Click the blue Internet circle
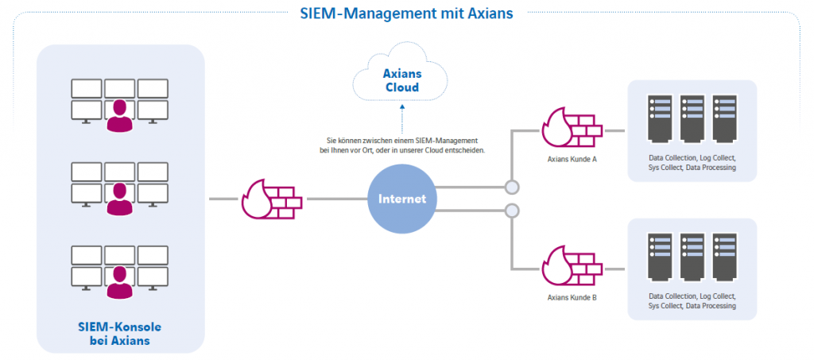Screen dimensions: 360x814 [401, 199]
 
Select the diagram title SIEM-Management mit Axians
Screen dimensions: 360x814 [406, 14]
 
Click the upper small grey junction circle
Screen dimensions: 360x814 [512, 188]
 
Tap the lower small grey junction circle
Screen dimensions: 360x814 [512, 211]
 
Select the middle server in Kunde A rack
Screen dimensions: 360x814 [692, 119]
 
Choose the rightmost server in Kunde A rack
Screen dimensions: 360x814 [723, 119]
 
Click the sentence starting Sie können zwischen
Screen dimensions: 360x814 [401, 145]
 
